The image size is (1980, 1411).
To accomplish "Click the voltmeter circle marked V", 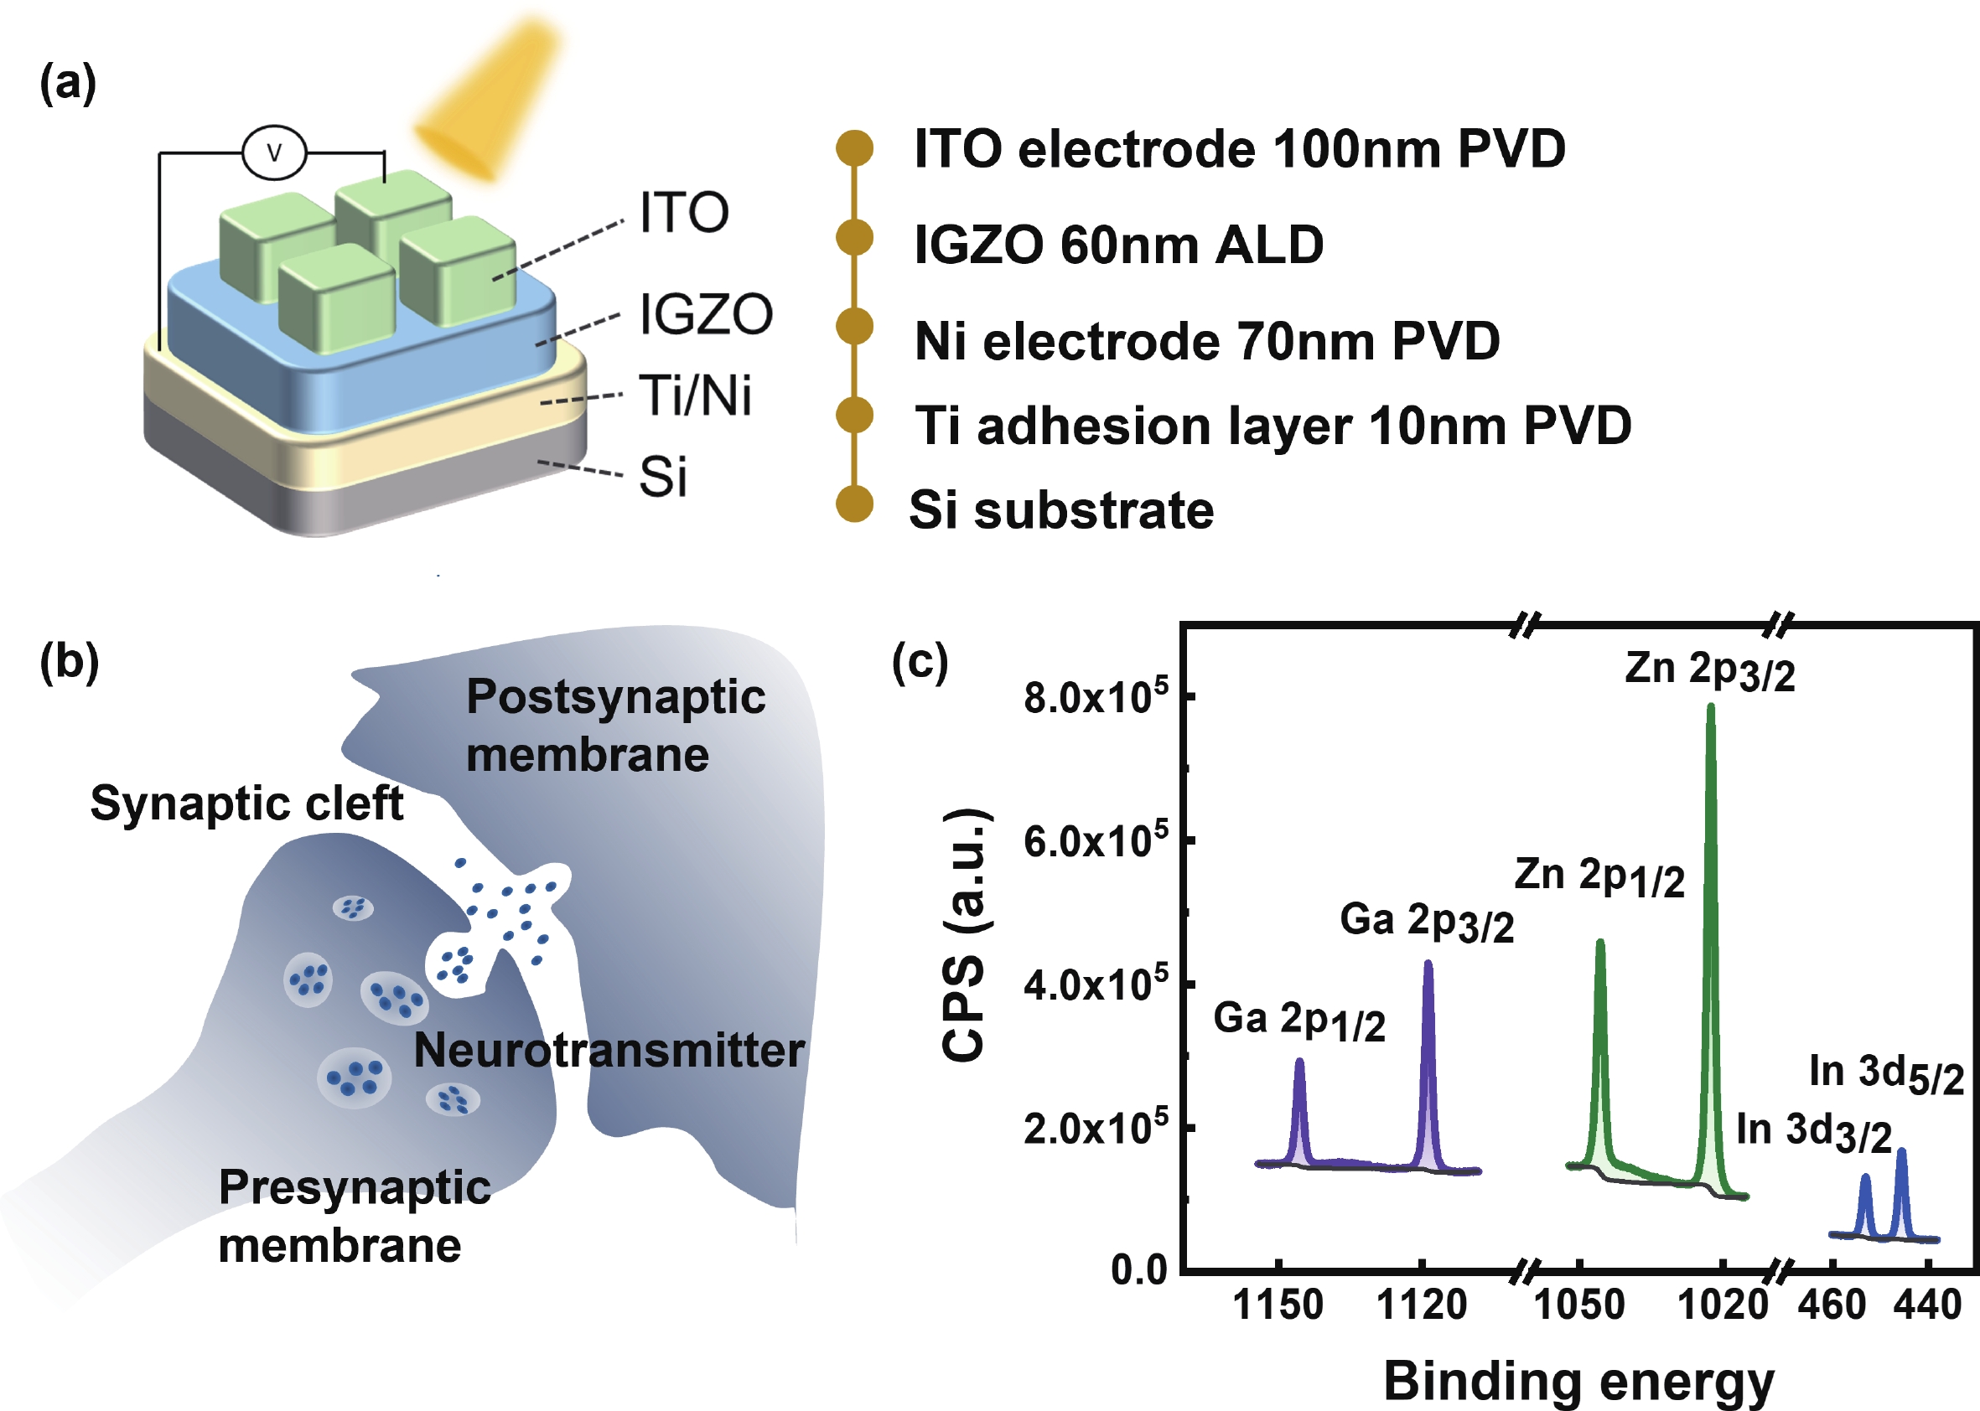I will (x=274, y=153).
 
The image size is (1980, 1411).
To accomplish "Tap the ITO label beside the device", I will (x=684, y=213).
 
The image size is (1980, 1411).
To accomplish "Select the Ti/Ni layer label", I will (x=694, y=396).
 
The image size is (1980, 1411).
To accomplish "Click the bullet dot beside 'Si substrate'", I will (x=854, y=504).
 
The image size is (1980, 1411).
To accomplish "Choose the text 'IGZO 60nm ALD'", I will (x=1118, y=245).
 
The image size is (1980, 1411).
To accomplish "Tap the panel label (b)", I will (x=70, y=662).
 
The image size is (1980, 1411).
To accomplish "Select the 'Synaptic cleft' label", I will (x=246, y=803).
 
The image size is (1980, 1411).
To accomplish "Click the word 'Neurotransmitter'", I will (x=609, y=1051).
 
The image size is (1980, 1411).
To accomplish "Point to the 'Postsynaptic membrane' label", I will (x=615, y=726).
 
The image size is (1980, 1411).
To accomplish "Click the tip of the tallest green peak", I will (x=1711, y=706).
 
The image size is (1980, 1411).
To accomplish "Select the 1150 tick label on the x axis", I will (x=1278, y=1305).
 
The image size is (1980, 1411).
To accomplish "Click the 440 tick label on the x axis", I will (x=1927, y=1305).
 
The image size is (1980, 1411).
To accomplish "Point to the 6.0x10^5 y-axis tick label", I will (x=1095, y=841).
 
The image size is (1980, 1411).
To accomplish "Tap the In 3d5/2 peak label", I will (x=1886, y=1075).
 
